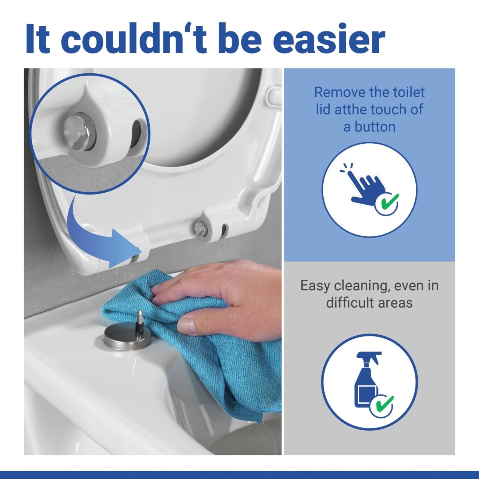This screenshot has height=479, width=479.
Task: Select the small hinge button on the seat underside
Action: (200, 227)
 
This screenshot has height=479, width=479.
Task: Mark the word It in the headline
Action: (38, 39)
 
